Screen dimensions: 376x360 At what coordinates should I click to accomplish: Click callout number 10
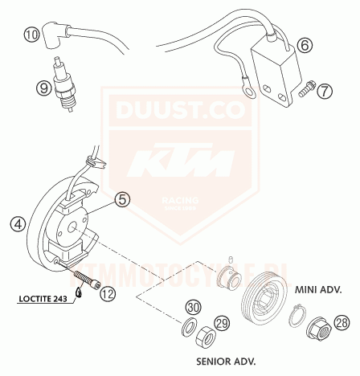[31, 35]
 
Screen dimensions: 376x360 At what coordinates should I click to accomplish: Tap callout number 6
[304, 46]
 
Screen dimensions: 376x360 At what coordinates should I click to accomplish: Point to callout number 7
[324, 91]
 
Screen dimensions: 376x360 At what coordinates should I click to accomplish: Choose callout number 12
[108, 293]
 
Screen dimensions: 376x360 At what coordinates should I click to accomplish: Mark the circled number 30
[192, 307]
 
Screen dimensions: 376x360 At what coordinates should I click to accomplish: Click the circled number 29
[223, 322]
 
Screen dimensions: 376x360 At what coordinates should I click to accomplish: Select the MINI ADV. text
[319, 288]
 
